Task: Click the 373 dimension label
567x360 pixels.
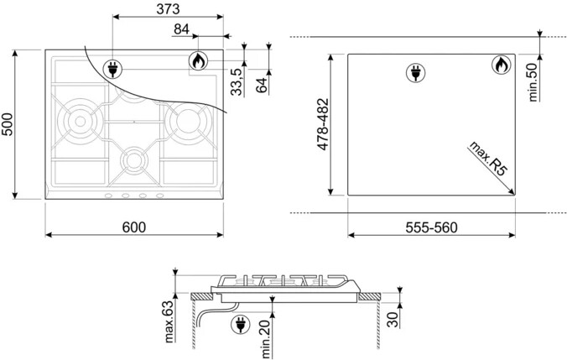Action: pyautogui.click(x=168, y=9)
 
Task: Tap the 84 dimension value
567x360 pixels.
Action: pyautogui.click(x=181, y=29)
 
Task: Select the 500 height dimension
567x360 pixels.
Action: pyautogui.click(x=8, y=124)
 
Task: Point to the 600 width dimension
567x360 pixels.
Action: pyautogui.click(x=134, y=227)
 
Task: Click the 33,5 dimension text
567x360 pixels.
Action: pyautogui.click(x=237, y=82)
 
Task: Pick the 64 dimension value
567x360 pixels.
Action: pyautogui.click(x=262, y=85)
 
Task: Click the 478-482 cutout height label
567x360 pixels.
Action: pyautogui.click(x=323, y=124)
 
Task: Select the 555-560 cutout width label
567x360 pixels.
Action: pyautogui.click(x=431, y=227)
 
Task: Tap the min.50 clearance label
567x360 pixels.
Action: pyautogui.click(x=533, y=82)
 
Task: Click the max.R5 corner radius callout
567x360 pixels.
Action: pyautogui.click(x=487, y=159)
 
